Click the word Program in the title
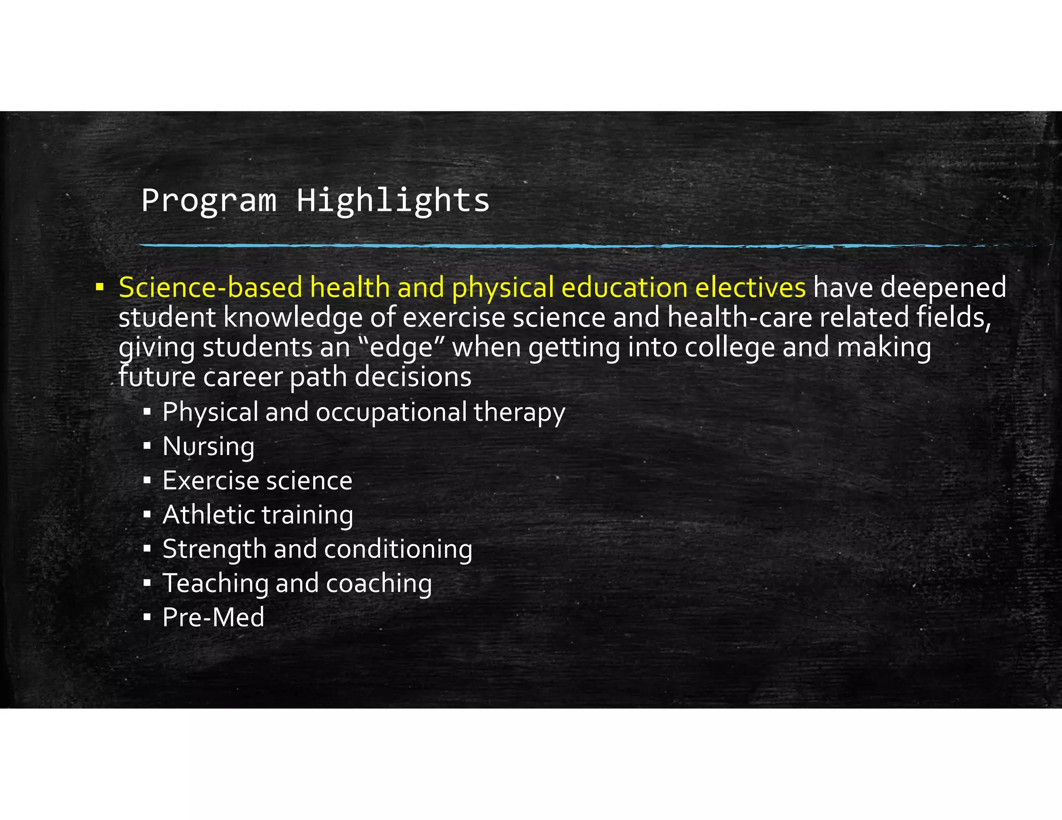point(208,201)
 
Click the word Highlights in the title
point(393,201)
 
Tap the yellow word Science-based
point(210,288)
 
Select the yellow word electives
point(750,288)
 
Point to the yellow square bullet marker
point(100,287)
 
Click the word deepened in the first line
point(943,289)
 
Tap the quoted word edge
point(402,348)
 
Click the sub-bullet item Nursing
point(208,447)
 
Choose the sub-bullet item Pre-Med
point(213,618)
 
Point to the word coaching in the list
point(379,584)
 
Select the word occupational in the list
point(392,413)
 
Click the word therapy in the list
point(519,413)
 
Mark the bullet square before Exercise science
point(147,480)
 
